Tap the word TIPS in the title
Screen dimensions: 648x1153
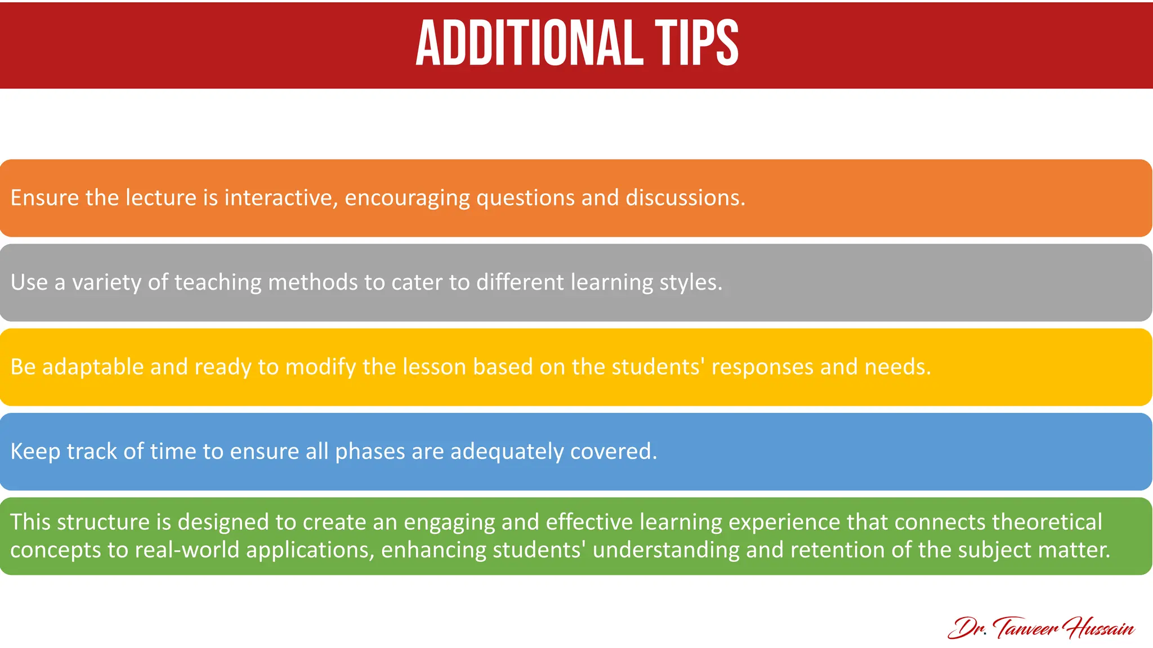click(x=696, y=43)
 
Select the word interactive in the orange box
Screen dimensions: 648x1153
click(x=281, y=198)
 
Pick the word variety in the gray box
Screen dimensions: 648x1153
click(x=106, y=283)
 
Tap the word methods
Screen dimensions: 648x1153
click(x=312, y=282)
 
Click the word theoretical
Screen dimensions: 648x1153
click(x=1047, y=523)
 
